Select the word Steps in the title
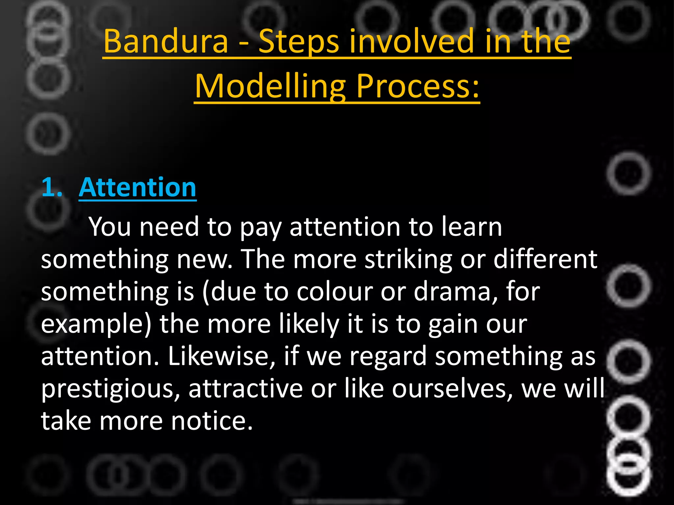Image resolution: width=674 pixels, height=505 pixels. (298, 42)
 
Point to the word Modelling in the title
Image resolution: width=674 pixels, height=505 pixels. (270, 86)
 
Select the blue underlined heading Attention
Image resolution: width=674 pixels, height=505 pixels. (138, 187)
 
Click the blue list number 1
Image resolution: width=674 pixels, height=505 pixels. (52, 187)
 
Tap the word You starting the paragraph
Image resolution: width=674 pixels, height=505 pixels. (110, 227)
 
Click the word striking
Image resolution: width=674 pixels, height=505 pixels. (408, 259)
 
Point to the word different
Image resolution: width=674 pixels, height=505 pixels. (545, 259)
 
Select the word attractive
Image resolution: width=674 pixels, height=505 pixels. (246, 388)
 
